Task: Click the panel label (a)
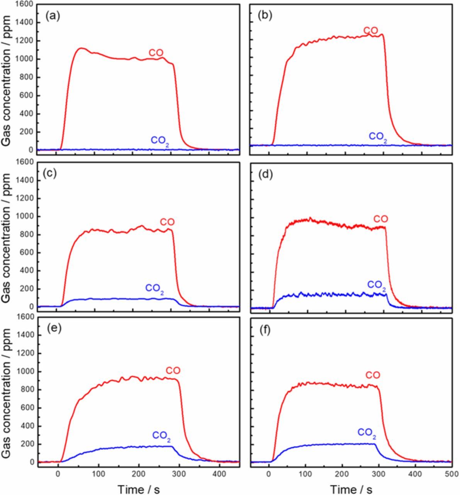[53, 16]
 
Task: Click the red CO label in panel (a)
[156, 53]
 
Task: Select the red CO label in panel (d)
[380, 219]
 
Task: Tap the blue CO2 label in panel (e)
[162, 436]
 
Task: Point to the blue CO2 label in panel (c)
[155, 288]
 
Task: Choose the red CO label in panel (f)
[373, 375]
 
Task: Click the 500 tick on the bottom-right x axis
[452, 474]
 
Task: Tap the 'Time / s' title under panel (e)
[139, 489]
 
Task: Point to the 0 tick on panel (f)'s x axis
[269, 474]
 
